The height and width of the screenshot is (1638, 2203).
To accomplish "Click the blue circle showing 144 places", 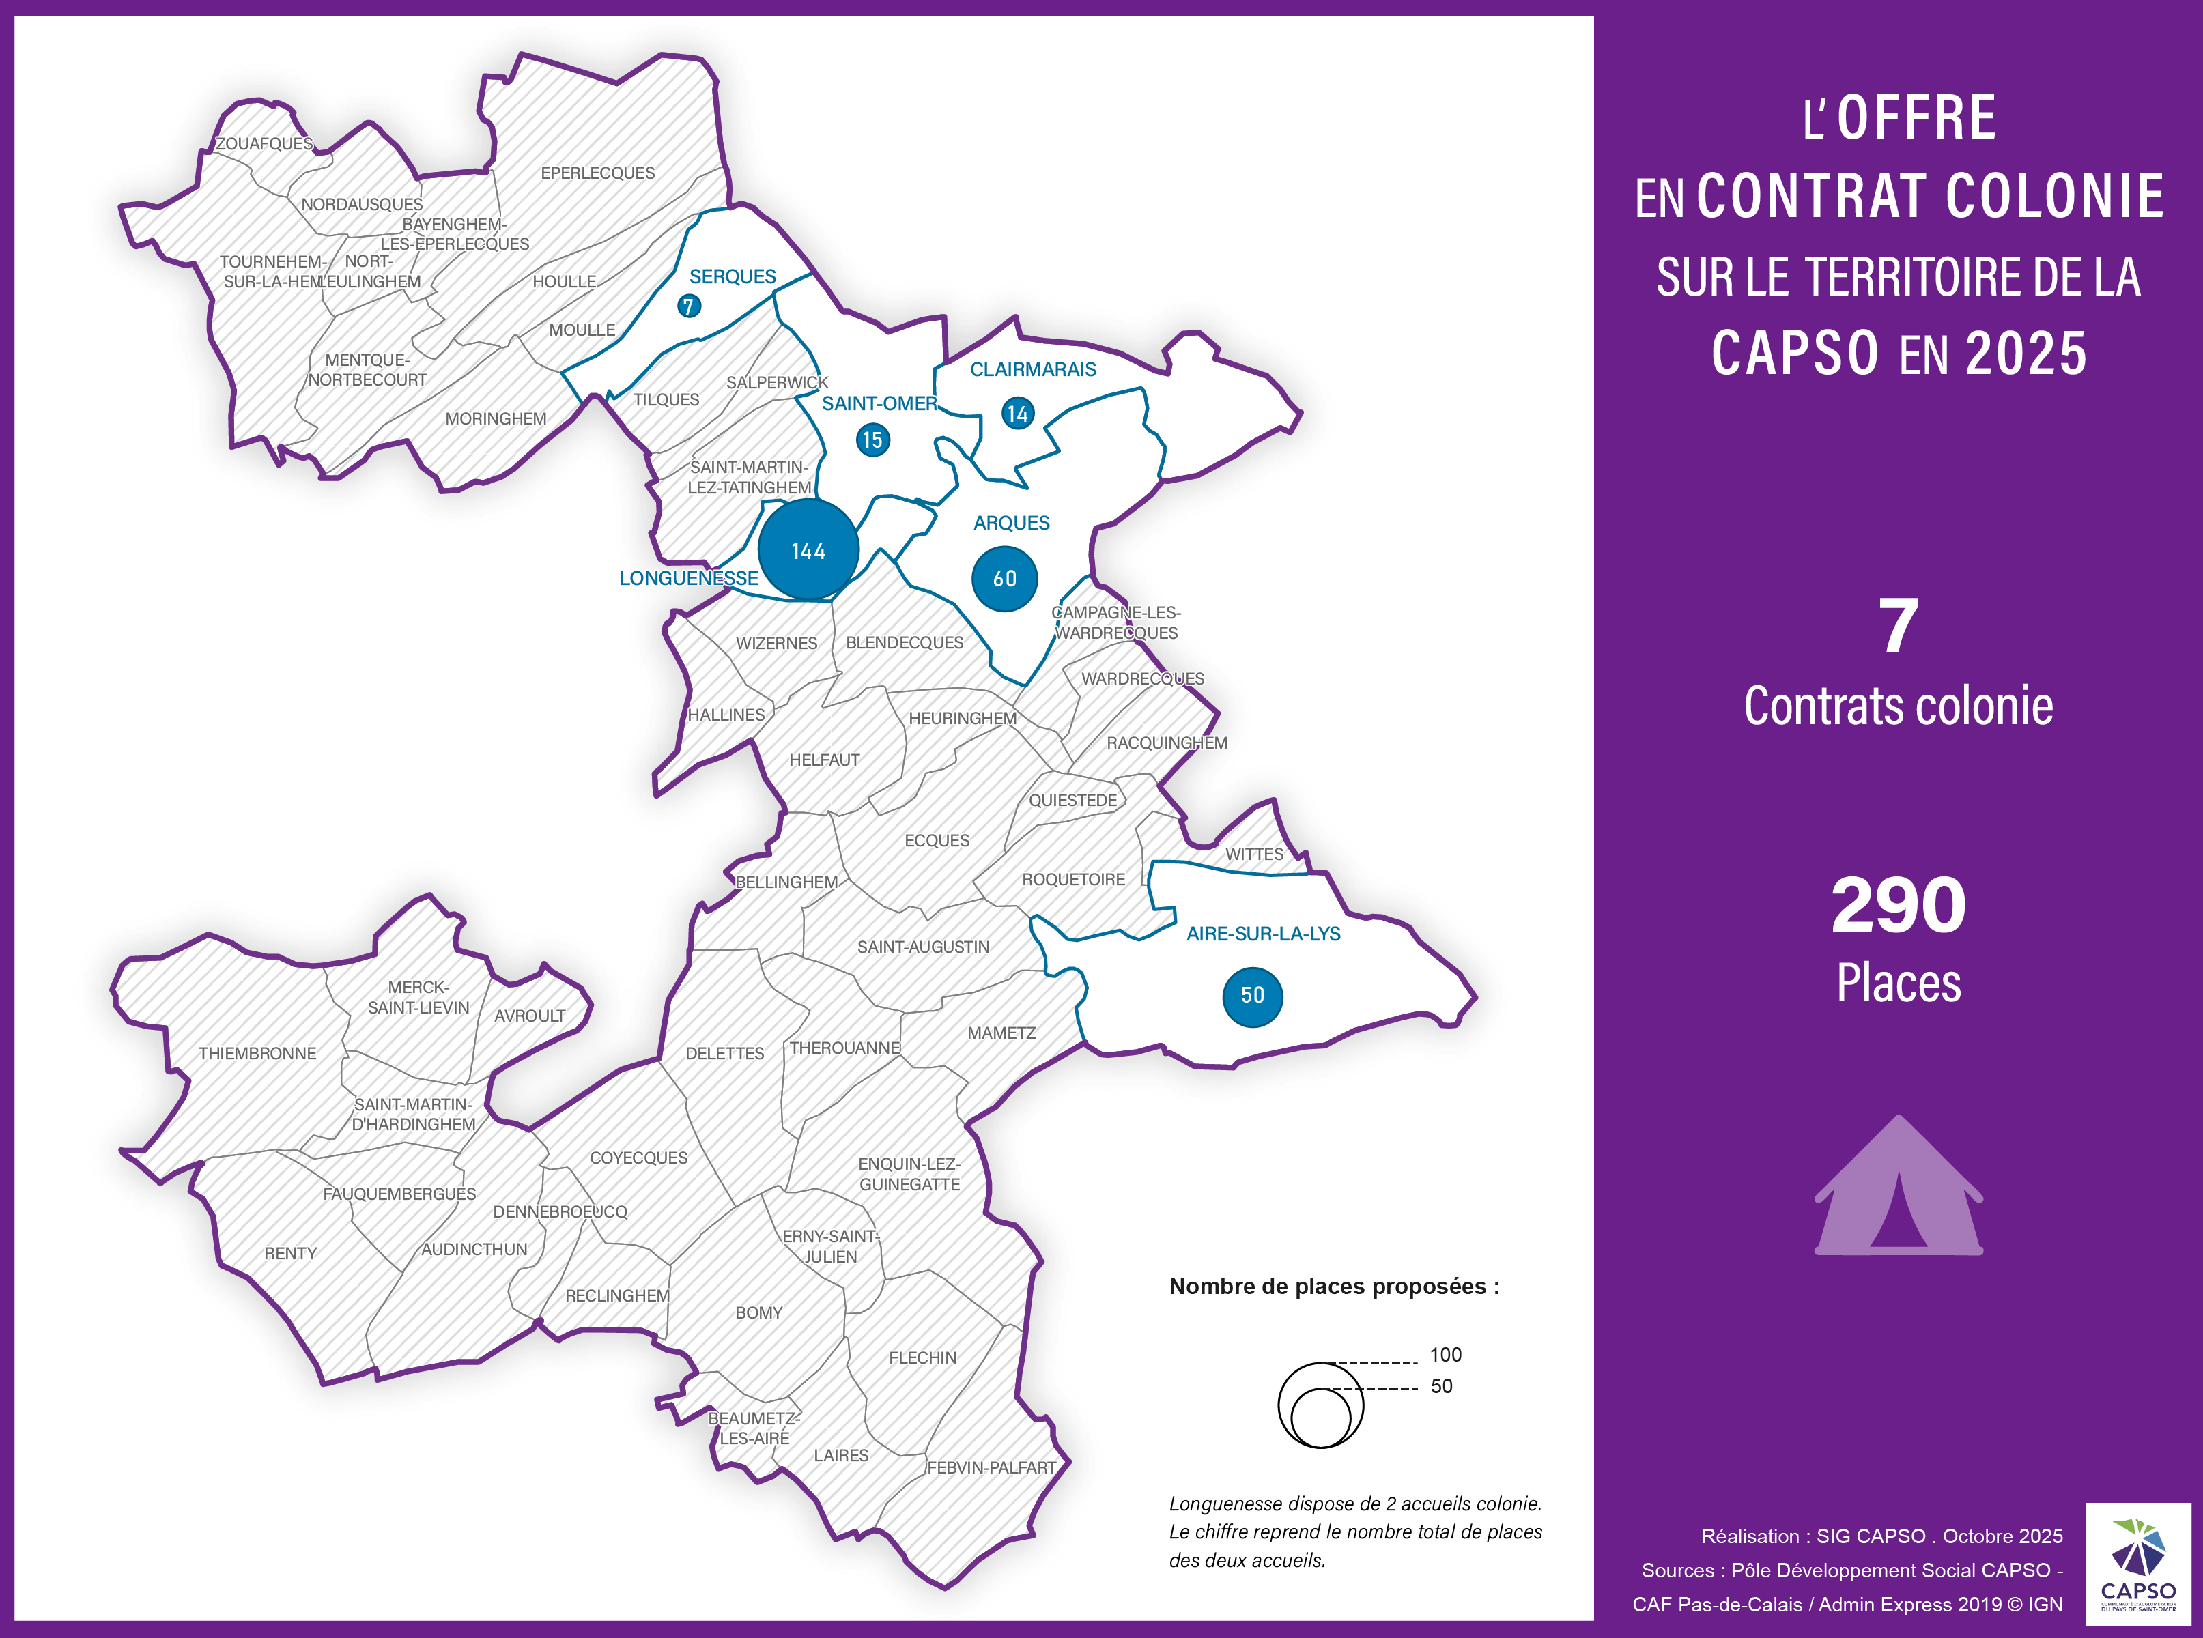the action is [808, 549].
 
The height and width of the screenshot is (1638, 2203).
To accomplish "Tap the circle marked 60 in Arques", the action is [1005, 578].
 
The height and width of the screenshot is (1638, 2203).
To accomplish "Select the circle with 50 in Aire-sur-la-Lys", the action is [1253, 996].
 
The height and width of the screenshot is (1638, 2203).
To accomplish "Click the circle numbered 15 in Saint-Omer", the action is [873, 440].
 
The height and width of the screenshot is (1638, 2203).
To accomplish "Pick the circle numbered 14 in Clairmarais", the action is [1018, 414].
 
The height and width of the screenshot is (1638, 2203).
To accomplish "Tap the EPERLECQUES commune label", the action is [597, 173].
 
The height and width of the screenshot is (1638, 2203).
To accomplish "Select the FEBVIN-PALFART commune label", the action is [992, 1467].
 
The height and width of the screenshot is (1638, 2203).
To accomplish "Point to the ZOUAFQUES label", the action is [264, 144].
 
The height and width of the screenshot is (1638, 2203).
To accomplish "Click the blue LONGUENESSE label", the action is [688, 578].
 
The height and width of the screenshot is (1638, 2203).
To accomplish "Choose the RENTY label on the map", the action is [291, 1253].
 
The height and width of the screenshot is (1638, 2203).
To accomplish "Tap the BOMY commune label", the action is [759, 1312].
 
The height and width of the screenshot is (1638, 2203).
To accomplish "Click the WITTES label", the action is [1254, 854].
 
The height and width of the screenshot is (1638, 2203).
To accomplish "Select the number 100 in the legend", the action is [1445, 1355].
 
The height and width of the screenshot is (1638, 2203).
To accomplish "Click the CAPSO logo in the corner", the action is [2139, 1564].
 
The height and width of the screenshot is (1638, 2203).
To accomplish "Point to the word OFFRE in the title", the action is [1916, 118].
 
